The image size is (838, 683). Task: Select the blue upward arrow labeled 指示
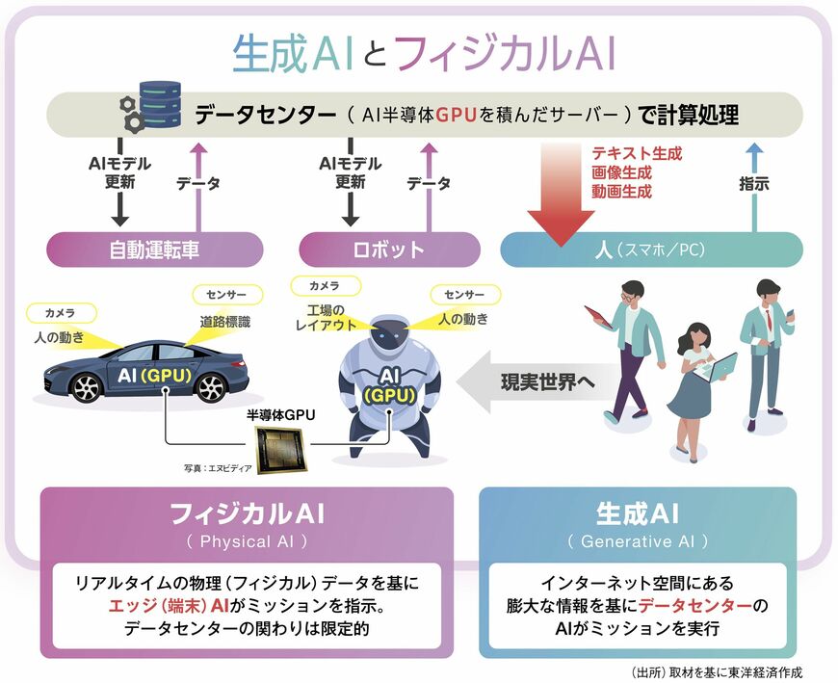(x=754, y=183)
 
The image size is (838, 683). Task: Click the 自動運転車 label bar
(x=154, y=250)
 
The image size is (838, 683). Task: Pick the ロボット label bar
(x=389, y=250)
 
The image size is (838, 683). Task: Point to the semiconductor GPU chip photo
(x=280, y=452)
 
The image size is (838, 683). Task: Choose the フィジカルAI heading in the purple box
(x=247, y=512)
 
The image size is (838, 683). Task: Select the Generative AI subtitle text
(x=638, y=541)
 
